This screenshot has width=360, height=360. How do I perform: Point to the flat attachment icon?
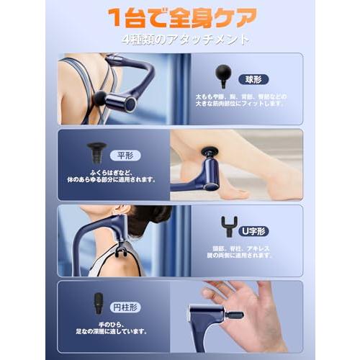tap(96, 152)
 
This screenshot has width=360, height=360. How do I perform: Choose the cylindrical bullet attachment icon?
tap(98, 302)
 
